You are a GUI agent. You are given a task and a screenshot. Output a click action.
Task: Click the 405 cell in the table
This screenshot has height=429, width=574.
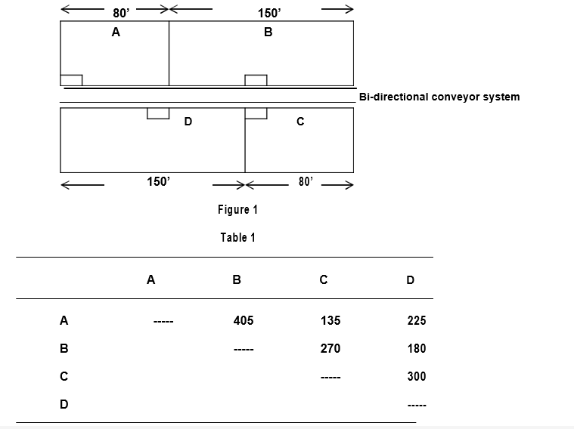[244, 320]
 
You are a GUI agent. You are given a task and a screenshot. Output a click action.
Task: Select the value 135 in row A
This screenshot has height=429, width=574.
[330, 320]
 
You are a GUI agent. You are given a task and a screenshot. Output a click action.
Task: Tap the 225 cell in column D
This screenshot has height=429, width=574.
[417, 320]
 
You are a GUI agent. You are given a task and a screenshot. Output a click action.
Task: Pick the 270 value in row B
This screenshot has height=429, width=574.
[330, 348]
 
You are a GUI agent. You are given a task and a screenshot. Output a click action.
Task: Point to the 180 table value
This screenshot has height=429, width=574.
[417, 348]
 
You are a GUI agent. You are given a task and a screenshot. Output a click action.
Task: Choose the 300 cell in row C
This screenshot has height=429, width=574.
[417, 376]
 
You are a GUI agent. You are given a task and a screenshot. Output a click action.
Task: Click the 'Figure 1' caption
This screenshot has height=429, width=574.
[237, 209]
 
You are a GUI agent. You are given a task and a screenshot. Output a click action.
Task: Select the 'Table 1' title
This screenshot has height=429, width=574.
[237, 238]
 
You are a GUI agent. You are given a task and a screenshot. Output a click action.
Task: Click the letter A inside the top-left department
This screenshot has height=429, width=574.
[116, 32]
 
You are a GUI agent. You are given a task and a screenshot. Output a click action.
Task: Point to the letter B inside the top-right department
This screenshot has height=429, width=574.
[268, 32]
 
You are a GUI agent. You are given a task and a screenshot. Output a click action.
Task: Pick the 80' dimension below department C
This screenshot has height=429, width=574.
[306, 182]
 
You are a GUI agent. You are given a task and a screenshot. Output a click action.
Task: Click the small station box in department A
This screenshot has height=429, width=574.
[71, 80]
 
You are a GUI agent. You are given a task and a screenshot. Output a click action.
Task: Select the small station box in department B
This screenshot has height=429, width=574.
[256, 80]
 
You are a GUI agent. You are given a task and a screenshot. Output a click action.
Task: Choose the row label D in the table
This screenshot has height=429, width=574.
[64, 404]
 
